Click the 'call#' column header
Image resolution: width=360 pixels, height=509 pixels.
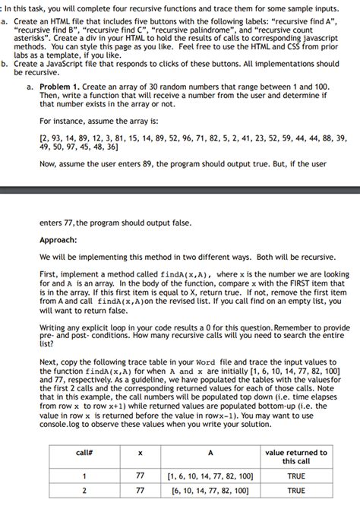click(84, 453)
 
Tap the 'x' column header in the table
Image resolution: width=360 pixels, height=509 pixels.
click(140, 453)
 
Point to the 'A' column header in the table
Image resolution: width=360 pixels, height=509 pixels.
click(210, 453)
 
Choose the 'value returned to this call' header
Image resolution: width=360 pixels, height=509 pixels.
click(295, 457)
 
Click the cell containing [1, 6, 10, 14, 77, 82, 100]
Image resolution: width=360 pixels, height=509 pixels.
click(210, 476)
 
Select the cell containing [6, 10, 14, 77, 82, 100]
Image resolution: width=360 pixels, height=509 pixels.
click(210, 491)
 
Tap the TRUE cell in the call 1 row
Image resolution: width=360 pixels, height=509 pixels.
click(295, 476)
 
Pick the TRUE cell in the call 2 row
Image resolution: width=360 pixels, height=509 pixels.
click(295, 491)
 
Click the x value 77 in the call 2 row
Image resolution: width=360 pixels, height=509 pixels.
click(140, 491)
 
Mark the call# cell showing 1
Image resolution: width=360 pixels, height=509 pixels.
click(84, 476)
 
